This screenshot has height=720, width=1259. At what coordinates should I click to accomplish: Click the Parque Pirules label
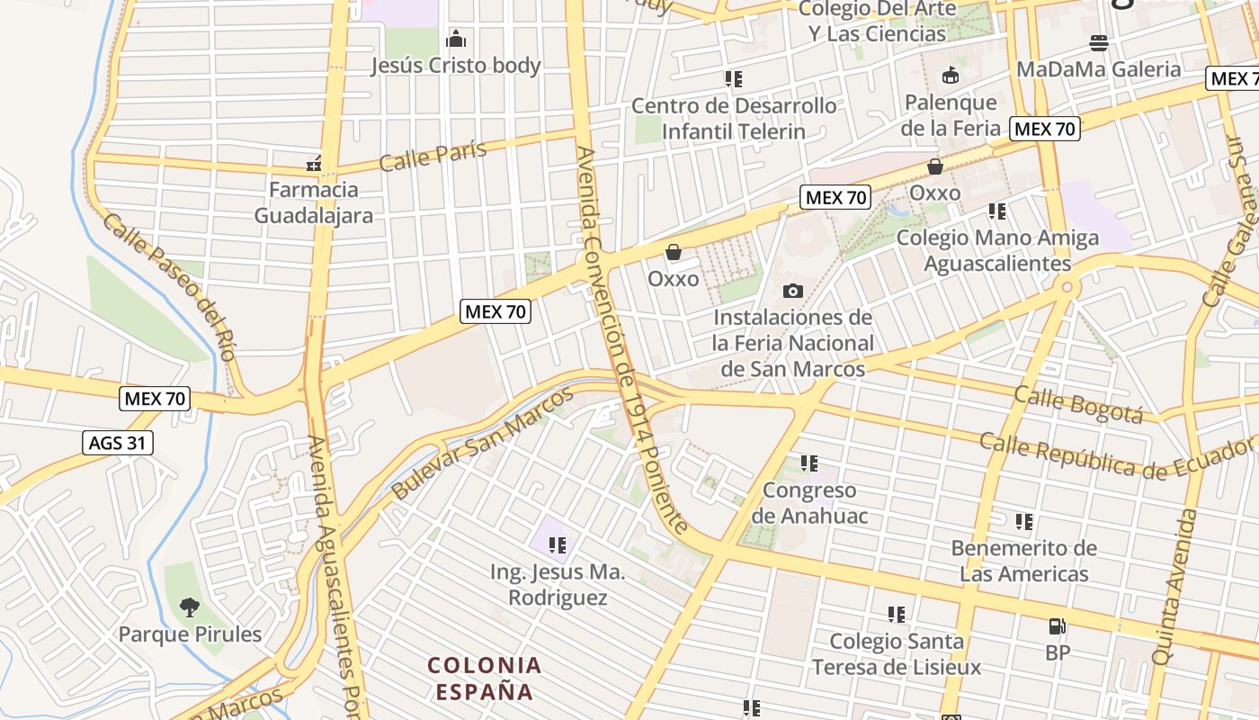click(190, 634)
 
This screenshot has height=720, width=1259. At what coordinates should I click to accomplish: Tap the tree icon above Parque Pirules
click(189, 607)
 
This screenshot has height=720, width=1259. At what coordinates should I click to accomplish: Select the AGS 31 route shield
click(118, 443)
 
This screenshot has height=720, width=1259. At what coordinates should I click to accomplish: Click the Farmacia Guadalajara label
click(314, 202)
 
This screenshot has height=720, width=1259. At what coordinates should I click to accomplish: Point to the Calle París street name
click(433, 155)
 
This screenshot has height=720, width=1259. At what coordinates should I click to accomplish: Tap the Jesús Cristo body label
click(456, 66)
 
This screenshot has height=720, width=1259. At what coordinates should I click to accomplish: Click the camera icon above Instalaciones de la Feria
click(792, 291)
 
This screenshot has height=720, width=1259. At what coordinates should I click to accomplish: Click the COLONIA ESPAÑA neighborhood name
click(485, 679)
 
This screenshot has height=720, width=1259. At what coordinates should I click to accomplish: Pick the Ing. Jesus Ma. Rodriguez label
click(558, 585)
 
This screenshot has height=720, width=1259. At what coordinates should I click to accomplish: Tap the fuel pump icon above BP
click(1058, 626)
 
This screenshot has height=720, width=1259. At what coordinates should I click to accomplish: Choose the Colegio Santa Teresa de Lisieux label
click(897, 653)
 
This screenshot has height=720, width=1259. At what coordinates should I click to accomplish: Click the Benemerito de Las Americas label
click(1024, 561)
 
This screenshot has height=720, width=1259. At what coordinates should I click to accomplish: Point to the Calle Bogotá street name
click(1078, 403)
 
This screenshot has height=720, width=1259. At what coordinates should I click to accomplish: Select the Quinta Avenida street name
click(1175, 587)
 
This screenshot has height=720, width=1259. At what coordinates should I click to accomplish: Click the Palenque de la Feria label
click(951, 115)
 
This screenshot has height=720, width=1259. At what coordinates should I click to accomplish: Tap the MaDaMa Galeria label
click(1098, 69)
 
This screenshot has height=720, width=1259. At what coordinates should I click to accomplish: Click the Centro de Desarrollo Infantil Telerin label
click(734, 118)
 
